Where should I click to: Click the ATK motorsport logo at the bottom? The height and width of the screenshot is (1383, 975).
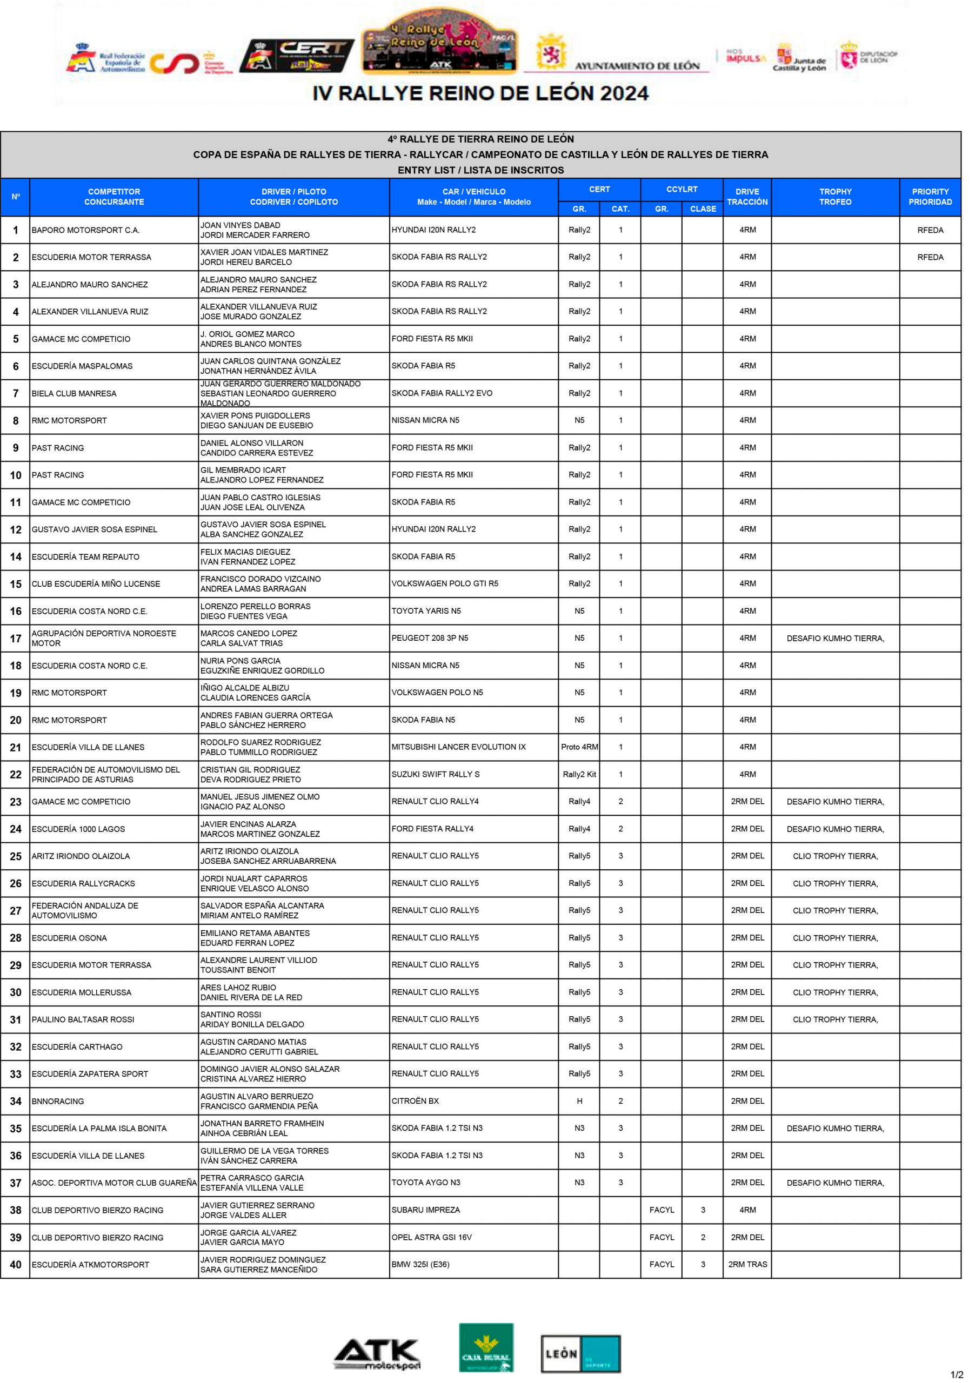tap(377, 1353)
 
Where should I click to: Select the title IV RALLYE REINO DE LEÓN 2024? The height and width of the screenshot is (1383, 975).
tap(480, 93)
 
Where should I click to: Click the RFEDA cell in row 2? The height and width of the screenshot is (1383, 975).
tap(930, 257)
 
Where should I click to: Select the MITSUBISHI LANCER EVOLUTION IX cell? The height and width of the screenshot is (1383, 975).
tap(458, 747)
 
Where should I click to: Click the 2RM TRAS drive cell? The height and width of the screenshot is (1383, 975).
tap(747, 1264)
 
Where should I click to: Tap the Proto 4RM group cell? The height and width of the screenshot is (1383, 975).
tap(579, 747)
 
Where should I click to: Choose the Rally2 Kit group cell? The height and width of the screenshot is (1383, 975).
tap(579, 775)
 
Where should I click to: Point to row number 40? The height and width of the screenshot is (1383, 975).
tap(16, 1264)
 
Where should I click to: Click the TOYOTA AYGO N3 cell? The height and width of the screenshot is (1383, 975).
tap(426, 1183)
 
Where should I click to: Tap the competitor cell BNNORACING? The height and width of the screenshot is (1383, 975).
tap(58, 1101)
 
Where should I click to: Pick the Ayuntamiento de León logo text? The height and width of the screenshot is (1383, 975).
tap(637, 66)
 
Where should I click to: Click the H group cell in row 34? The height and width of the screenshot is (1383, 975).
tap(579, 1101)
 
